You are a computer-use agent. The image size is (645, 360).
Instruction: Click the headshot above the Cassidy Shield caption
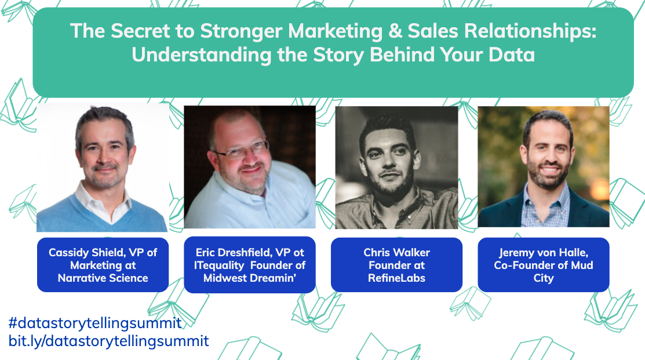103,168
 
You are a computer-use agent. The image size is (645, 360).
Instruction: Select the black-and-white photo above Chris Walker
396,168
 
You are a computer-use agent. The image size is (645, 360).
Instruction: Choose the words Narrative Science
103,278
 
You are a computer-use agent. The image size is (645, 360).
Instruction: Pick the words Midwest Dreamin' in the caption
250,278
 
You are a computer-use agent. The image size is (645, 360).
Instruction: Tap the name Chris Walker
396,252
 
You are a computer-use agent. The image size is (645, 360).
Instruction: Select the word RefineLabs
396,278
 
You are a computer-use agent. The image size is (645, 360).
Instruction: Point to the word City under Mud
544,278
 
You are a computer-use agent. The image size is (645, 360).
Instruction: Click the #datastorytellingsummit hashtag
95,323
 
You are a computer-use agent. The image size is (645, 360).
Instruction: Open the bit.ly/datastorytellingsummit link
108,340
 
